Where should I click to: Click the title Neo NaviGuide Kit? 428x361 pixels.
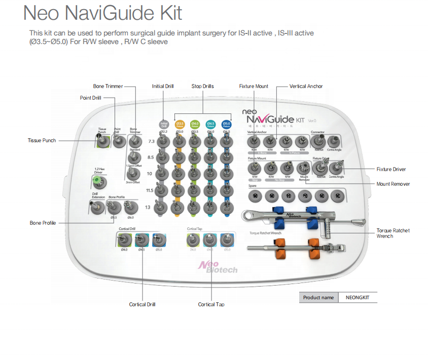point(102,13)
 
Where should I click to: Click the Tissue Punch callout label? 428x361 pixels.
point(42,140)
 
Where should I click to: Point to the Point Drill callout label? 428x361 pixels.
point(91,98)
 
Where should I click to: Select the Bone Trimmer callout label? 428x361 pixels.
point(108,87)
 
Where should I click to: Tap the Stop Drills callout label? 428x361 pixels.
point(202,87)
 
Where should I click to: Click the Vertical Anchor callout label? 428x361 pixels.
point(306,87)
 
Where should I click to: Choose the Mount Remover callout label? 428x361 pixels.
point(393,184)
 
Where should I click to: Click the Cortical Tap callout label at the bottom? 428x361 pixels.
point(211,304)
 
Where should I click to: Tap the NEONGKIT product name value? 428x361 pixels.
point(358,298)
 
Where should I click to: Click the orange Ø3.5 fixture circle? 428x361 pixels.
point(180,124)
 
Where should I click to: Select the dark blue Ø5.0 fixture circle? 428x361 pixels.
point(226,124)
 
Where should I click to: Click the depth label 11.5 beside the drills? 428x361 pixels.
point(150,190)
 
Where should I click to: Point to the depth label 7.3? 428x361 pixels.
point(151,142)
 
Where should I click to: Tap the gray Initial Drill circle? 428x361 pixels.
point(164,124)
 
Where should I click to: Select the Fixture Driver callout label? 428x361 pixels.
point(391,169)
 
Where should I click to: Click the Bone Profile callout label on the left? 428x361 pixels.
point(43,223)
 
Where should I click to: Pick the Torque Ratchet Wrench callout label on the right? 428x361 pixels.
point(393,233)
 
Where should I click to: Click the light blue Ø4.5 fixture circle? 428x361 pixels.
point(210,124)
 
